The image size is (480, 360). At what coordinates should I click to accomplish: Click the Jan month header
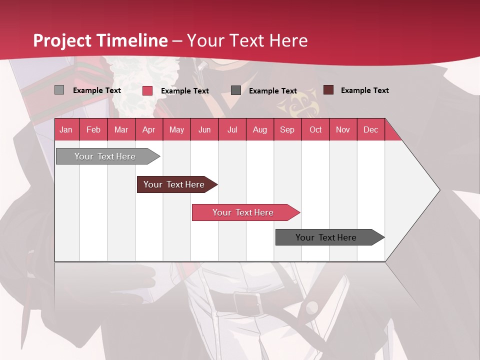[x=66, y=129]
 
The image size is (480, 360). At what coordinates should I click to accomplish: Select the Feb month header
[x=93, y=129]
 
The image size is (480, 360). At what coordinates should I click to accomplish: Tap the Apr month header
[x=148, y=129]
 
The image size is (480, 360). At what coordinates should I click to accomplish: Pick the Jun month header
[x=204, y=129]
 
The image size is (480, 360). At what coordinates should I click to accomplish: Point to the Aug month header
[x=259, y=129]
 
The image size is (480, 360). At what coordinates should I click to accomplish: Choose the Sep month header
[x=287, y=129]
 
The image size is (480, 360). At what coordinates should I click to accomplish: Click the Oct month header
[x=315, y=129]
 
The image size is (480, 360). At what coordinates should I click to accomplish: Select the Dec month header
[x=370, y=129]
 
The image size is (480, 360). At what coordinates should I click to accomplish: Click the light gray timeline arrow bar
[x=105, y=156]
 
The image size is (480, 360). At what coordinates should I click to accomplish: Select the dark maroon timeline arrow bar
[x=174, y=184]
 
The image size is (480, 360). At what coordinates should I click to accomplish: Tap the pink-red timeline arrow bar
[x=243, y=212]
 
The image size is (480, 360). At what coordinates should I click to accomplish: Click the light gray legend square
[x=59, y=90]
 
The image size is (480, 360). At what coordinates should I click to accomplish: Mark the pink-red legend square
[x=147, y=90]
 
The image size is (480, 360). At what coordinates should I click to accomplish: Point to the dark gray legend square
[x=236, y=90]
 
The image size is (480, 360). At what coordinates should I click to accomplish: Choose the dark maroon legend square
[x=328, y=90]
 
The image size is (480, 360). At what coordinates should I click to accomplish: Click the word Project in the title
[x=62, y=40]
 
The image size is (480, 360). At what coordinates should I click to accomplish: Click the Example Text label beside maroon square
[x=364, y=90]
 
